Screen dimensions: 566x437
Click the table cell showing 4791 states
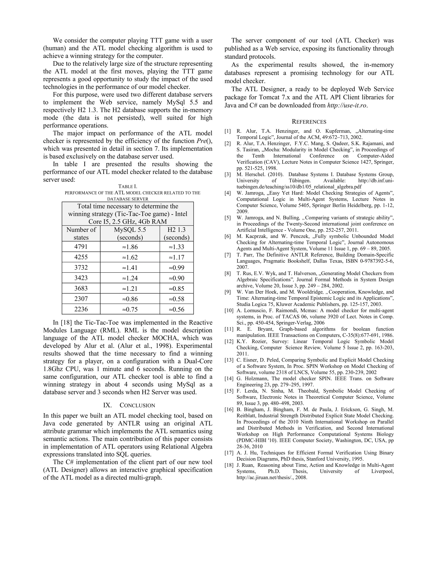click(x=81, y=247)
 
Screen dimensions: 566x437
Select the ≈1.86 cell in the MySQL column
click(x=130, y=247)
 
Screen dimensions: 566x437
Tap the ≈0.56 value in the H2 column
click(x=176, y=309)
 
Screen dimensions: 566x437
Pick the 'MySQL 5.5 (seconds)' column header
click(x=130, y=233)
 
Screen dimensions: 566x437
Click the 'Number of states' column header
click(x=81, y=233)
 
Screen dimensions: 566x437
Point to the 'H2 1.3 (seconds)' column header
click(x=176, y=233)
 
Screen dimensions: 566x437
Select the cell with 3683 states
click(x=81, y=288)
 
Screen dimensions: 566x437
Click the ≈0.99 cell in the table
click(x=176, y=267)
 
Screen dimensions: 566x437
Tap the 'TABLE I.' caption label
click(x=128, y=186)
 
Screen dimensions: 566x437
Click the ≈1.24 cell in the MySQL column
click(x=130, y=278)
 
